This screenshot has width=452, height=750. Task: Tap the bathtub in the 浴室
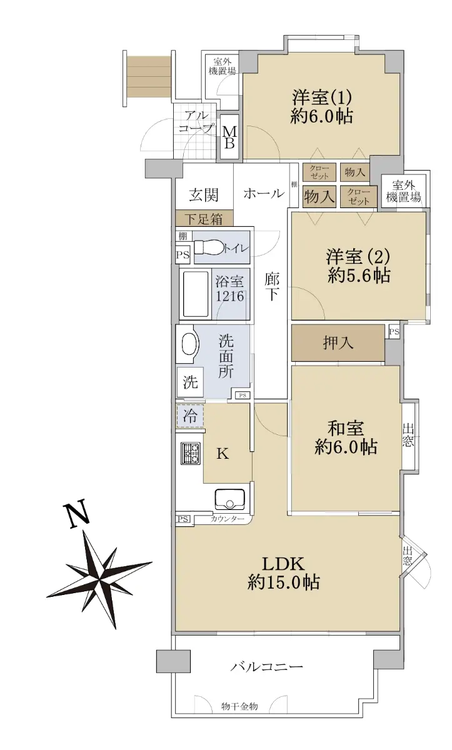coord(196,294)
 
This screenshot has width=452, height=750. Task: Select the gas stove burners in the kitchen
coord(191,453)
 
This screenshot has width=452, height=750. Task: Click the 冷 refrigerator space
coord(190,416)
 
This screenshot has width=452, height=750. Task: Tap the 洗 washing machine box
coord(190,382)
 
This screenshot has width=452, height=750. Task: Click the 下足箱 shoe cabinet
coord(204,219)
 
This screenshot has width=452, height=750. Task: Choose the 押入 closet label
coord(338,343)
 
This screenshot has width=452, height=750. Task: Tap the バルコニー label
coord(266,666)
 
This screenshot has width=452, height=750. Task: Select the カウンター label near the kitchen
coord(228,519)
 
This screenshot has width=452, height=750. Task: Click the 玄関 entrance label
coord(204,194)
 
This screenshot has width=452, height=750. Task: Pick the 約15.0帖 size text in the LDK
coord(284,582)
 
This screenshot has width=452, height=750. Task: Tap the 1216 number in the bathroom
coord(229,296)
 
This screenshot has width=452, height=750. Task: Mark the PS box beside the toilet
coord(183,255)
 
